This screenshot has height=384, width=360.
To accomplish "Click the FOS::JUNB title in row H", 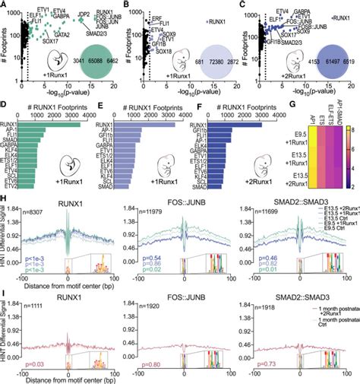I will (x=185, y=190).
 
